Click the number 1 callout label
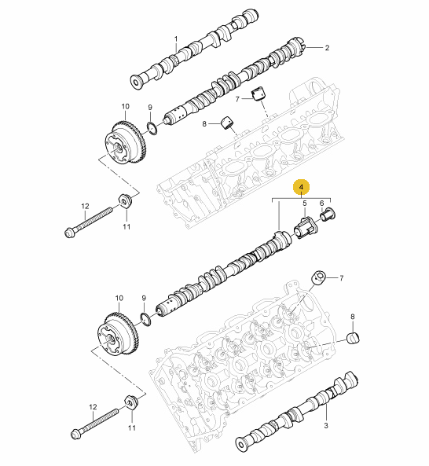coord(176,39)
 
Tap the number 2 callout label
coord(327,48)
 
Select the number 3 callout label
coord(326,425)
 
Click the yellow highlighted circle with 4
coord(301,187)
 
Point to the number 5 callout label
coord(305,204)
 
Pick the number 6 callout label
coord(322,204)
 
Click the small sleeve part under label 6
coord(328,215)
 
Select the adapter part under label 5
coord(306,228)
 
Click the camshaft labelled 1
coord(195,50)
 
